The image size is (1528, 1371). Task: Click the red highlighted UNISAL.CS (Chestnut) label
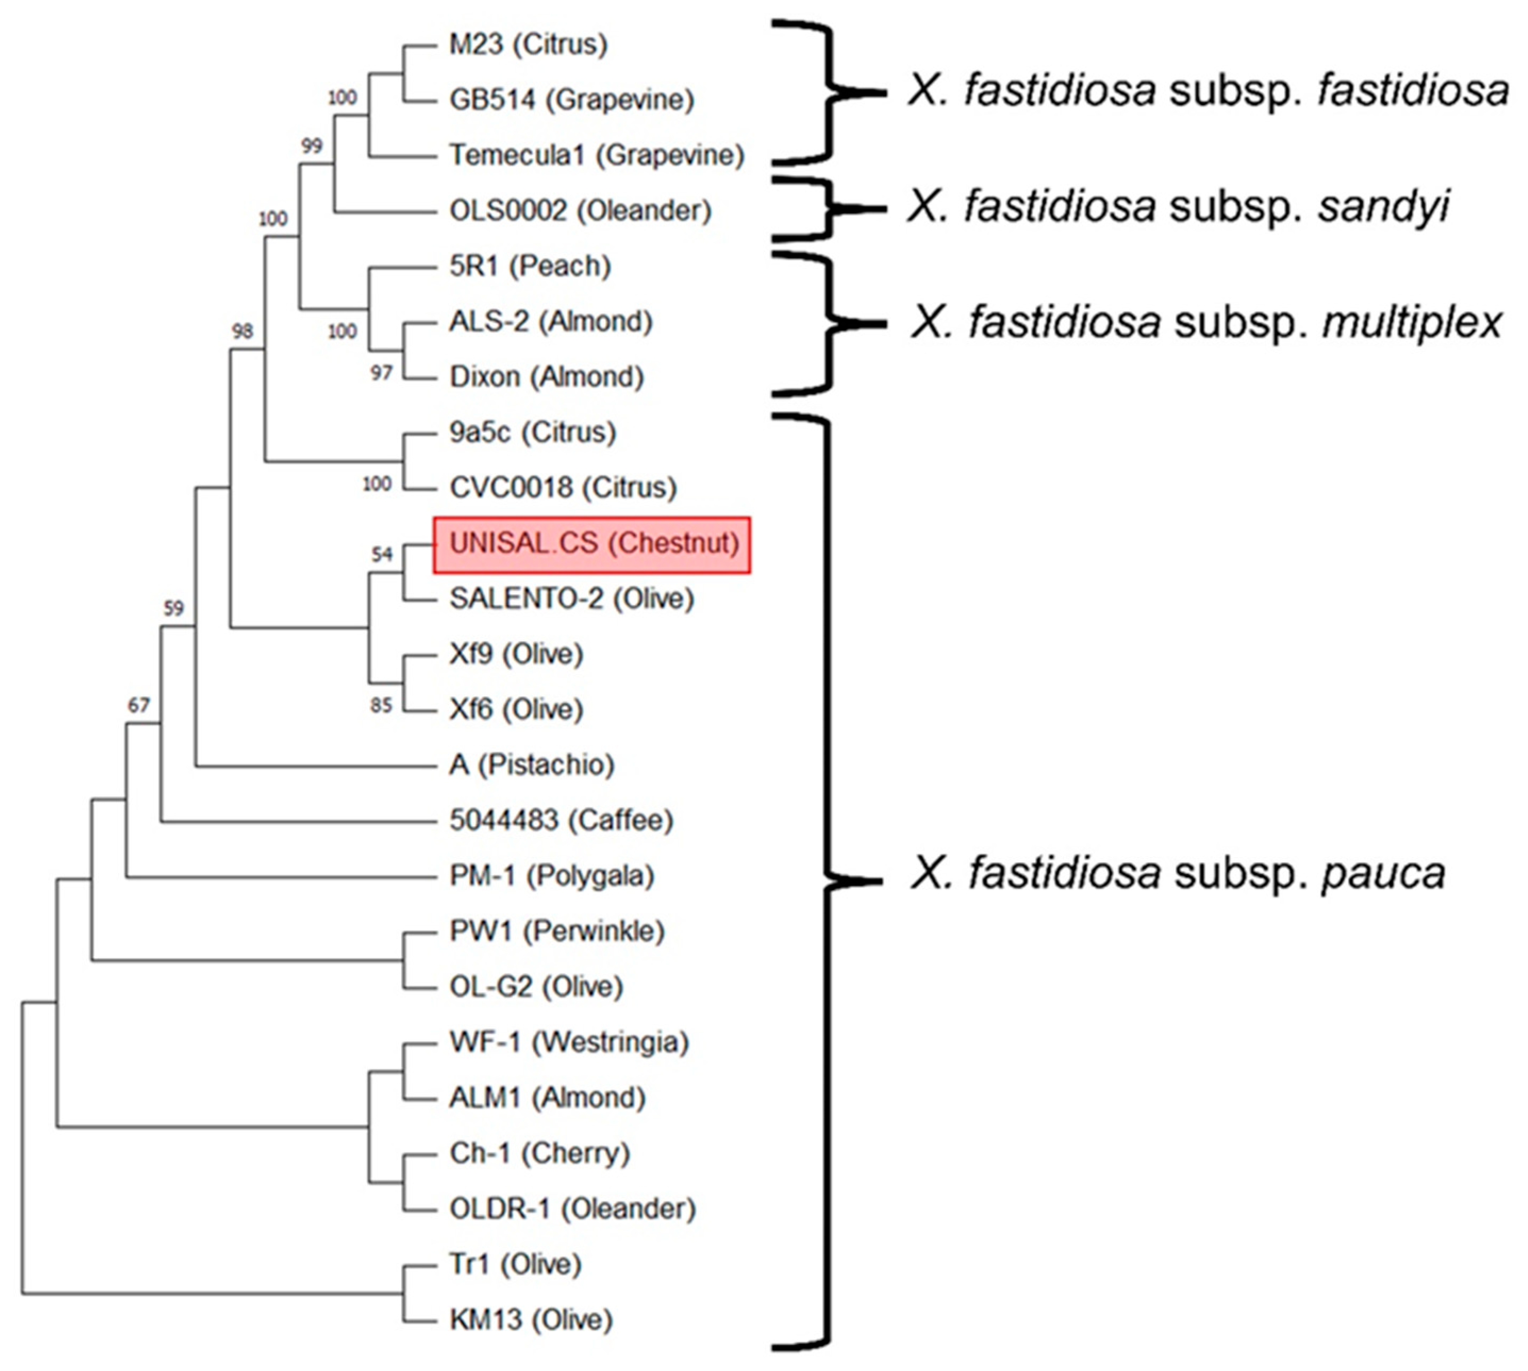tap(592, 544)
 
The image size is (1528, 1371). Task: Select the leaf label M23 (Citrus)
tap(528, 45)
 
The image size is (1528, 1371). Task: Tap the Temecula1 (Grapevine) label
tap(596, 155)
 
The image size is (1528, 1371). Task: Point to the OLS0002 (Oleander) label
tap(580, 211)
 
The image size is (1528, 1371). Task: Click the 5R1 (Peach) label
tap(529, 267)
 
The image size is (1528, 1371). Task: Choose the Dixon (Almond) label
tap(546, 377)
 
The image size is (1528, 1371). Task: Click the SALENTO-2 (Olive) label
tap(571, 599)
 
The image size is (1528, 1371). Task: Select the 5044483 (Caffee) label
tap(560, 820)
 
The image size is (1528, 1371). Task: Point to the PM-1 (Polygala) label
tap(551, 876)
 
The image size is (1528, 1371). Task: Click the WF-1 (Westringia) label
tap(569, 1043)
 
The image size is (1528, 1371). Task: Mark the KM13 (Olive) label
tap(531, 1320)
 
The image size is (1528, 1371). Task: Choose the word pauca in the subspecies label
tap(1383, 874)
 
